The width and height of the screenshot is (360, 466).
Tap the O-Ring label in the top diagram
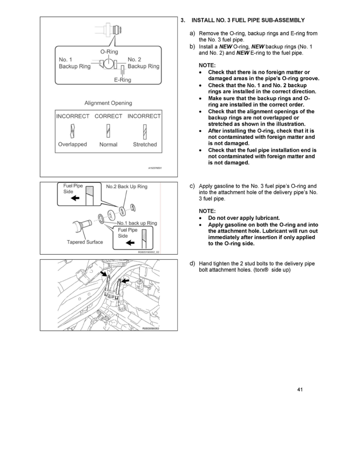[x=109, y=52]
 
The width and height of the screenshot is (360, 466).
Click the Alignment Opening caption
[x=108, y=103]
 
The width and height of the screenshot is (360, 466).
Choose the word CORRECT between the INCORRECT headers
[x=108, y=116]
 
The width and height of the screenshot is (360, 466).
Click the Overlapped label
[x=73, y=144]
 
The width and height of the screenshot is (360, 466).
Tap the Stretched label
[x=145, y=144]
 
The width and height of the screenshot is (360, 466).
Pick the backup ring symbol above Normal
[x=108, y=130]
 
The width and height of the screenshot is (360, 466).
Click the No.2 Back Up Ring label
[x=127, y=187]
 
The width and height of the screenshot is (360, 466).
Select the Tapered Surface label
[x=85, y=242]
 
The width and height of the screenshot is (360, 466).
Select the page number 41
[x=300, y=390]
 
